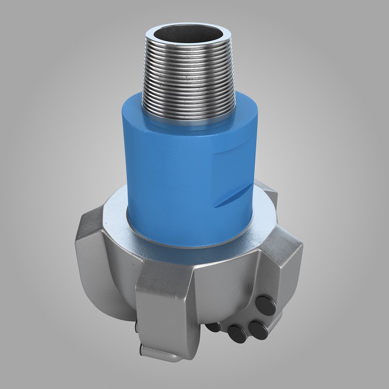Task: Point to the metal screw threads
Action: [188, 76]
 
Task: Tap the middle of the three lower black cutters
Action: [237, 334]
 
